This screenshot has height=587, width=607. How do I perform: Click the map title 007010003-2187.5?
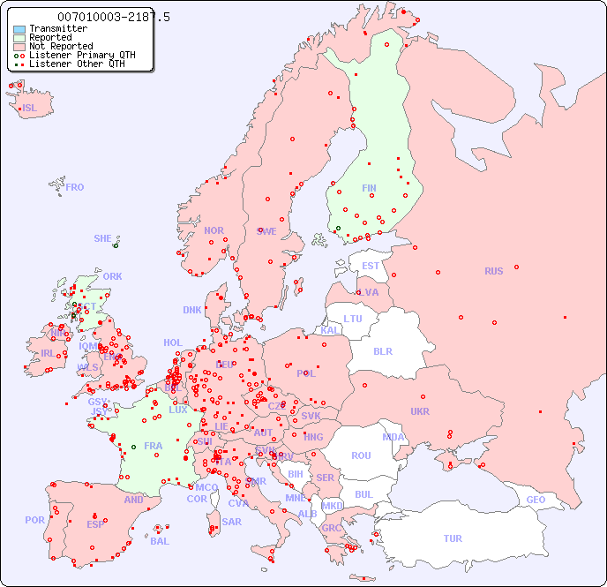(x=113, y=17)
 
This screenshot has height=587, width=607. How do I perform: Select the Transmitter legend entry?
(x=57, y=28)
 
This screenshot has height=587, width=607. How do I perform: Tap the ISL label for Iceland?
(x=30, y=109)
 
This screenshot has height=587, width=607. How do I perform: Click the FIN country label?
(x=369, y=188)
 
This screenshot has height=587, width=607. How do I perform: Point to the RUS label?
(x=493, y=271)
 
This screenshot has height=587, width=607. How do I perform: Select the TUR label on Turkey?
(x=453, y=538)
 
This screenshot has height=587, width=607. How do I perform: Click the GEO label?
(x=536, y=500)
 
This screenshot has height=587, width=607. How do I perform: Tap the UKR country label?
(x=420, y=411)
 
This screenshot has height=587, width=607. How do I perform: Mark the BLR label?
(x=382, y=350)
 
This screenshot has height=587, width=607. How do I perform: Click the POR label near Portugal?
(x=34, y=520)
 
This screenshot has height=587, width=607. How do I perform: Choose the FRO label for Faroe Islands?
(x=75, y=187)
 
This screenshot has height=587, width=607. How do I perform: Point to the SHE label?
(x=102, y=238)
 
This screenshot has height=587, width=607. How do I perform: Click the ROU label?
(x=361, y=455)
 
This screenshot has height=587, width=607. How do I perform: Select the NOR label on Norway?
(x=214, y=230)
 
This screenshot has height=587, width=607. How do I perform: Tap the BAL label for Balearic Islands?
(x=160, y=541)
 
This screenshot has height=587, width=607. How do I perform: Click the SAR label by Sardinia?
(x=231, y=522)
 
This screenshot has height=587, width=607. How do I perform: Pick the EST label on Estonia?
(x=371, y=266)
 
